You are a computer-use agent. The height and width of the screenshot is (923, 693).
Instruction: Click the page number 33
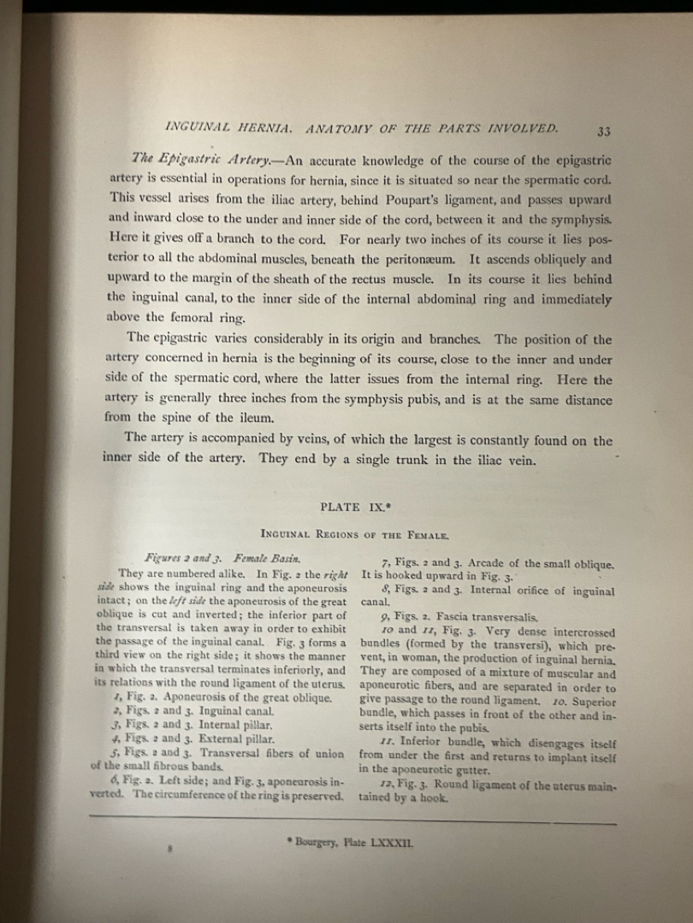coord(604,131)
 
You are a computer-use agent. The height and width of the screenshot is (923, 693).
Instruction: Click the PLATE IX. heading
coord(352,507)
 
